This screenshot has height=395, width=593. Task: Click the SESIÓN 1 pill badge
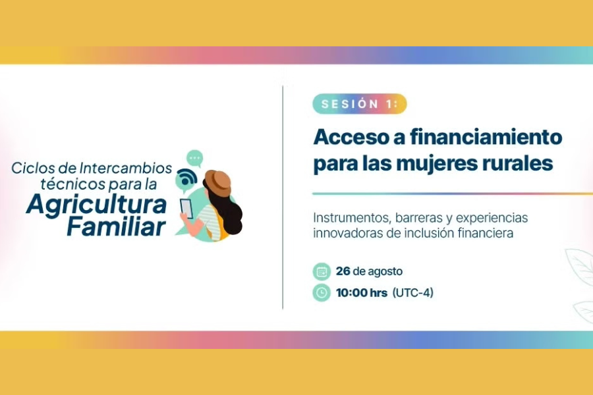coord(359,104)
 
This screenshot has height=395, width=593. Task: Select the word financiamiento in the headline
coord(486,137)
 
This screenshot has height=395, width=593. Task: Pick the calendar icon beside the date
coord(322,271)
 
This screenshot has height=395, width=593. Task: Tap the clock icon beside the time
coord(322,293)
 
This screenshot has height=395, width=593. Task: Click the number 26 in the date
coord(343,271)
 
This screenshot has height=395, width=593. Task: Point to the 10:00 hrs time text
coord(362,293)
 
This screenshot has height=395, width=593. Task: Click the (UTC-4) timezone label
coord(413,293)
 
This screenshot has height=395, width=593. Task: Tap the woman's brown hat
coord(217,183)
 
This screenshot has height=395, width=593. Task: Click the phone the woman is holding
coord(186,208)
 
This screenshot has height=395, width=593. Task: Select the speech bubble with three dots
coord(195,158)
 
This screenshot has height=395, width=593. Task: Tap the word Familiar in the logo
coord(117,226)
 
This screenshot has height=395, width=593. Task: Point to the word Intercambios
coord(126,169)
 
